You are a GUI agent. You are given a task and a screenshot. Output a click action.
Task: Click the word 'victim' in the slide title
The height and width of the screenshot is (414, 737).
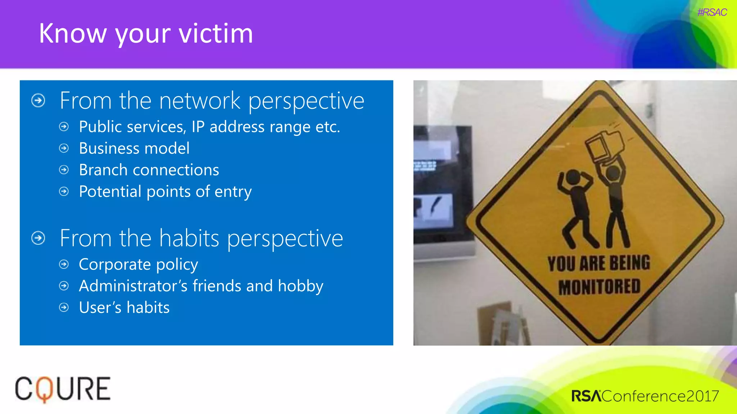(x=216, y=33)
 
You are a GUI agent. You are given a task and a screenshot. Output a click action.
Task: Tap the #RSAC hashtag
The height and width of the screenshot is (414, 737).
(x=712, y=13)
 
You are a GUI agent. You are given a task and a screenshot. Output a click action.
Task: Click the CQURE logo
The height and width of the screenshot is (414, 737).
(x=63, y=389)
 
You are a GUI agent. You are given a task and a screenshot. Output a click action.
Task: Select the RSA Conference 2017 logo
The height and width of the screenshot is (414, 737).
(x=645, y=396)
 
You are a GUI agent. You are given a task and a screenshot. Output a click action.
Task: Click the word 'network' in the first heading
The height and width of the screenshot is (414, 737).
(x=199, y=101)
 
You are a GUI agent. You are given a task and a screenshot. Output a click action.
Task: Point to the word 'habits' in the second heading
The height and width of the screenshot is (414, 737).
(x=189, y=238)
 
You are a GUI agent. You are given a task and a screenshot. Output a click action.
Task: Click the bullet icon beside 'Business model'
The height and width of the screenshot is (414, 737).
(x=64, y=148)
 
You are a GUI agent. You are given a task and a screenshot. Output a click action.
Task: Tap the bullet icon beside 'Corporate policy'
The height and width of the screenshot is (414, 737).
(x=64, y=264)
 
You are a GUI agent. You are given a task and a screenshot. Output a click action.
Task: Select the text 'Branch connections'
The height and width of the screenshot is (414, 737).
(x=149, y=170)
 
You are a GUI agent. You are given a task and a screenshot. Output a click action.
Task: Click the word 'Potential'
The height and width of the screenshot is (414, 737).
(x=110, y=192)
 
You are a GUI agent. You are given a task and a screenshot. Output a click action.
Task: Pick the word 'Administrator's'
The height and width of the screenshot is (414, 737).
(x=133, y=286)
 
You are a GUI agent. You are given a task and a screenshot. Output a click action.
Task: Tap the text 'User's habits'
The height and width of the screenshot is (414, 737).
(x=124, y=308)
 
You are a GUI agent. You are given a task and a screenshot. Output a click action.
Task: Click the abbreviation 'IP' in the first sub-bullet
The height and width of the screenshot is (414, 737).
(x=198, y=127)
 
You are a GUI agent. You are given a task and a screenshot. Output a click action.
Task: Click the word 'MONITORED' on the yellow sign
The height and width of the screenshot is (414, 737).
(x=599, y=287)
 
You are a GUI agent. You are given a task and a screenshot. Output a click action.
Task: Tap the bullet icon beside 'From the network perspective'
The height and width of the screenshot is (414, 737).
(x=39, y=101)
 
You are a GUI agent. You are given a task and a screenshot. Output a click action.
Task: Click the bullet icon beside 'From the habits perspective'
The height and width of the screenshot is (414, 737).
(x=39, y=238)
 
